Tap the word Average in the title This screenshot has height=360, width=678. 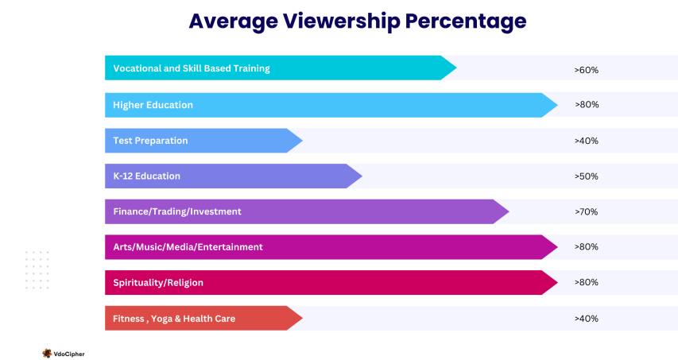(x=231, y=21)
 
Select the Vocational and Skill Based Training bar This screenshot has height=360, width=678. (x=278, y=68)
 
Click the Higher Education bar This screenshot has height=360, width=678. (x=326, y=105)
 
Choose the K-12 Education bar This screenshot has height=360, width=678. (x=231, y=176)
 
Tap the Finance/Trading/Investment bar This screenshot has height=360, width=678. (x=302, y=211)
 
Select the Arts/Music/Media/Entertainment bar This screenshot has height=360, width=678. (x=326, y=247)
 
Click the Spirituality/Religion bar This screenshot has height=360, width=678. (x=326, y=282)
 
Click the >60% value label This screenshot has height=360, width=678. (x=586, y=70)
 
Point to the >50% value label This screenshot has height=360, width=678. (x=586, y=176)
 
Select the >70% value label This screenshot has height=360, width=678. (x=586, y=212)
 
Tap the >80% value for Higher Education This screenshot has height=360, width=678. (x=586, y=105)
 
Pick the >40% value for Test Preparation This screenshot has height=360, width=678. (x=586, y=141)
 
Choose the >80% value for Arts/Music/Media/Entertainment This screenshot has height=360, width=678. (x=586, y=247)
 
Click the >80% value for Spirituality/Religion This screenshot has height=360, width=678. (x=586, y=283)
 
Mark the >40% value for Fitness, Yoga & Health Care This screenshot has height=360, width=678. (x=586, y=319)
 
